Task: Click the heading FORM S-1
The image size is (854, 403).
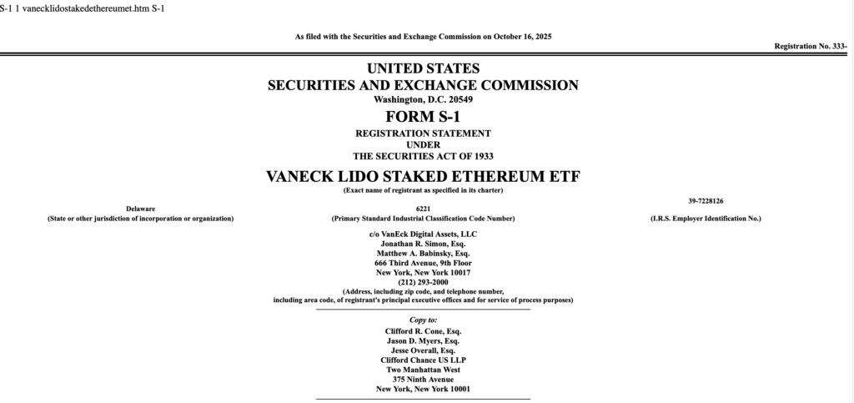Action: (x=423, y=116)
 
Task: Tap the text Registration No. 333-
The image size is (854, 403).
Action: (x=811, y=46)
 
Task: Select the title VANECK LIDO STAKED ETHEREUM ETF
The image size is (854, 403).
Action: (x=423, y=176)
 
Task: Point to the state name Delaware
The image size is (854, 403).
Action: (x=140, y=208)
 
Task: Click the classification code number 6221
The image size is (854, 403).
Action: (x=423, y=208)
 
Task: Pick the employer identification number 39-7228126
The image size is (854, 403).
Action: (x=706, y=200)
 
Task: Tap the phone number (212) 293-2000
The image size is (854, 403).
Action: (x=423, y=282)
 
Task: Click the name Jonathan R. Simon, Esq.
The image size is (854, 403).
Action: (x=423, y=243)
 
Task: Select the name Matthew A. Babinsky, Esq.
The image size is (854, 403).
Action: (x=423, y=253)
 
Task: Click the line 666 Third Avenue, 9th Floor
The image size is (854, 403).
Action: (x=423, y=263)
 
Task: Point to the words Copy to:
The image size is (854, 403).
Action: (x=423, y=320)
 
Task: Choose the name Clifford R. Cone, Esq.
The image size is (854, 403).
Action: (x=423, y=331)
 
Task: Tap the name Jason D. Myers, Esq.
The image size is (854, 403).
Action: (x=423, y=341)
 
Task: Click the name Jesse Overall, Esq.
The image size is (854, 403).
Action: (x=423, y=350)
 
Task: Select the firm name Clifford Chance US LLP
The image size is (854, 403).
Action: (x=423, y=360)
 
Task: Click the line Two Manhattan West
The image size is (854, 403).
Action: (x=423, y=370)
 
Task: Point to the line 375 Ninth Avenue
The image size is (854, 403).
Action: (x=423, y=380)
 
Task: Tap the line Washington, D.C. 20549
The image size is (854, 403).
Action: (x=423, y=99)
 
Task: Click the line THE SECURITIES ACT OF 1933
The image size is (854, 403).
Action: (x=423, y=156)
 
